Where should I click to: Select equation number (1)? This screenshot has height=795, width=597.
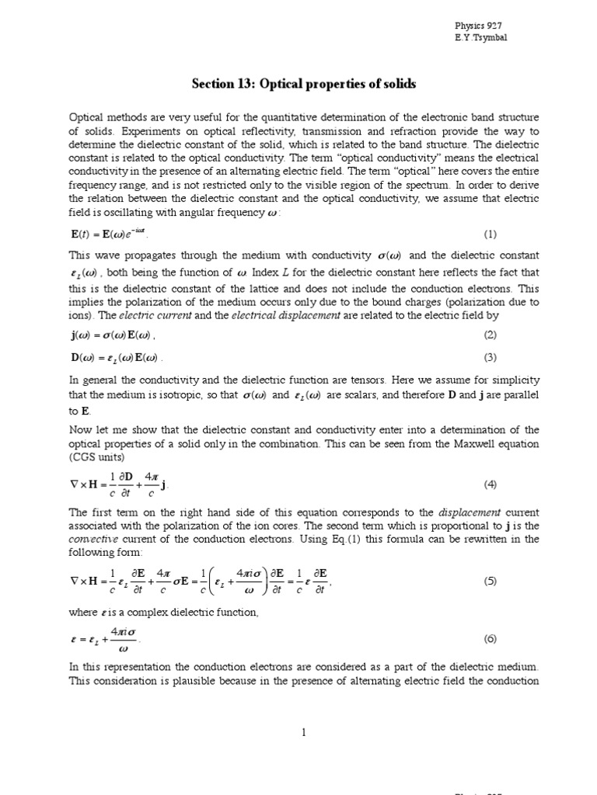[x=490, y=234]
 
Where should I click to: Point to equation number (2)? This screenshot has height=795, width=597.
[x=490, y=335]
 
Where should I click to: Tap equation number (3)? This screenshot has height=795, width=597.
[x=490, y=357]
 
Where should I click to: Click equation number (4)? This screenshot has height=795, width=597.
[x=490, y=484]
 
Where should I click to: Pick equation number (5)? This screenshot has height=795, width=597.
[x=490, y=581]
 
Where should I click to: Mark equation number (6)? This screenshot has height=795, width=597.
[x=490, y=639]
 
